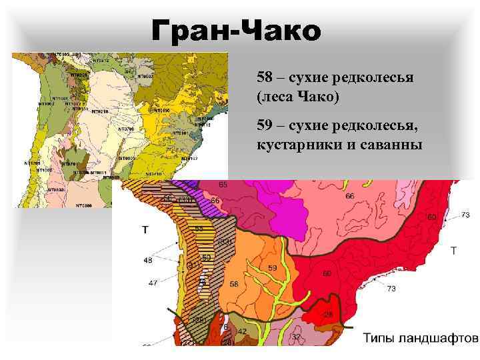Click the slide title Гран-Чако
(x=236, y=30)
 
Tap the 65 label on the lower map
(x=223, y=184)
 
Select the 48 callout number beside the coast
(x=147, y=261)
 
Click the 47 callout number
(x=153, y=283)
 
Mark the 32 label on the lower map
(x=296, y=337)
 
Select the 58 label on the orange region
(x=233, y=284)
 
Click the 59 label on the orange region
(x=272, y=268)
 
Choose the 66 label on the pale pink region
(x=350, y=196)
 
